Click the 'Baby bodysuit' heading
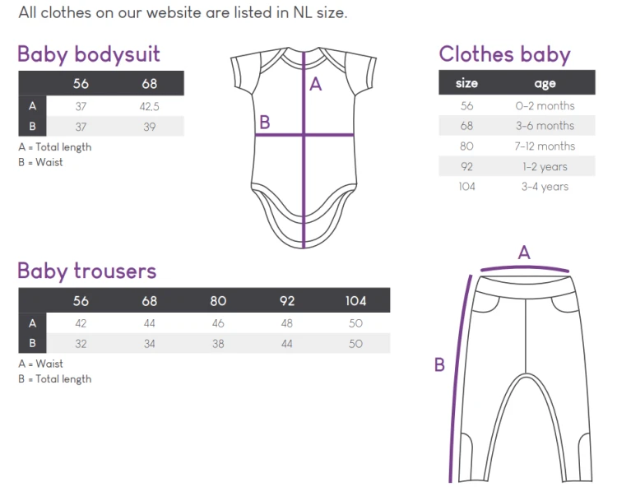(89, 54)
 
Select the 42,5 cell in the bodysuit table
(149, 107)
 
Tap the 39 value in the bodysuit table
(149, 127)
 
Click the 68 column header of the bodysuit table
(149, 83)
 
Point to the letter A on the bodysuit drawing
(316, 84)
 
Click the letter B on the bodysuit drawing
(265, 123)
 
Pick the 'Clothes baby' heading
(504, 54)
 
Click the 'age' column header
(545, 83)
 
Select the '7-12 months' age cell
(545, 146)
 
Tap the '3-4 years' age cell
(545, 187)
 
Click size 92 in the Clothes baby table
(466, 166)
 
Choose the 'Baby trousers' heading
(87, 271)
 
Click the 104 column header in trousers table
(355, 301)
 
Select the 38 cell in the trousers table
(218, 344)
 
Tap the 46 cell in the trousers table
(218, 323)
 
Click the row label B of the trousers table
(32, 343)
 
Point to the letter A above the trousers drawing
(524, 253)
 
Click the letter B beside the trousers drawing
(439, 364)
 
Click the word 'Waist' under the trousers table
(49, 364)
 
